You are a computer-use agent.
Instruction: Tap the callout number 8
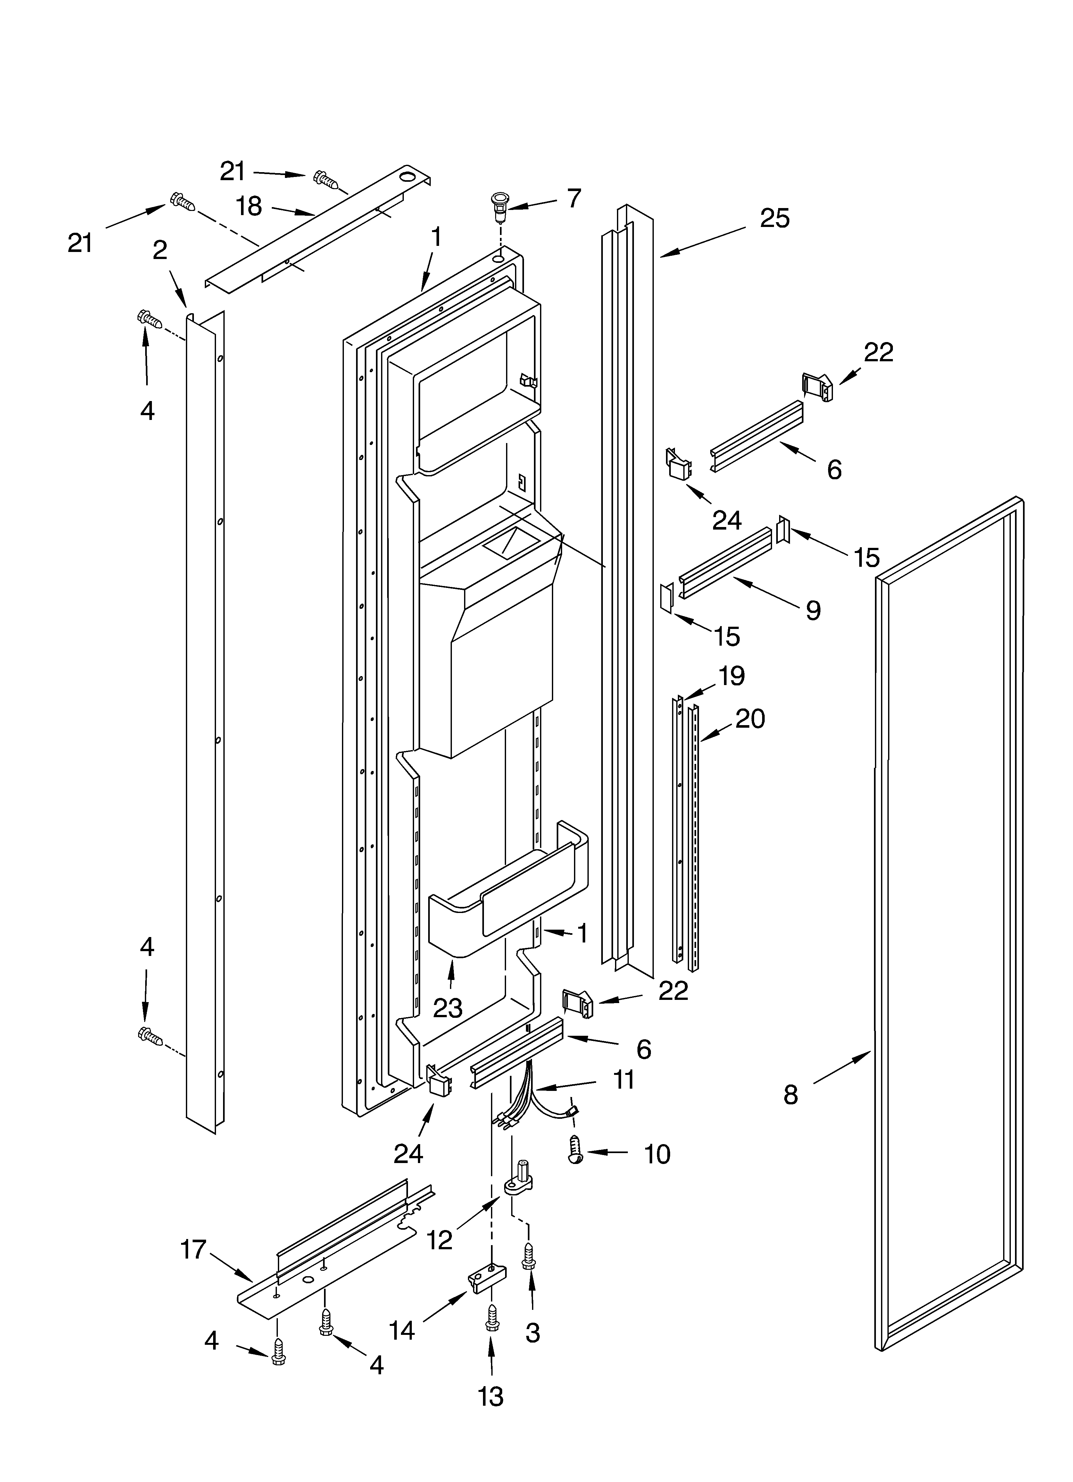coord(791,1094)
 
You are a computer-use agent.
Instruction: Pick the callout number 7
coord(574,198)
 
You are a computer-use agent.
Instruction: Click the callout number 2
coord(160,250)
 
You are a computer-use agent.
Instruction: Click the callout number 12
coord(440,1240)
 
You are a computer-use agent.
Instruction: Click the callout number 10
coord(657,1155)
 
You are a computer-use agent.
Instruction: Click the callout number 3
coord(533,1333)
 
